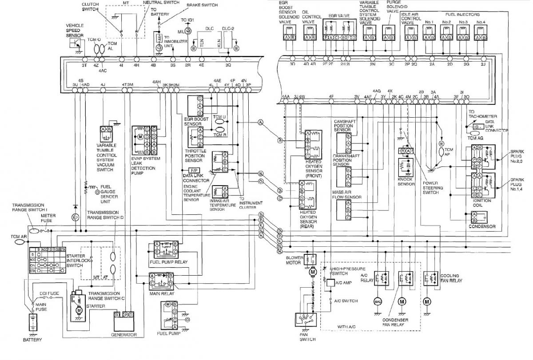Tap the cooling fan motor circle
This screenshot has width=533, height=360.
point(427,302)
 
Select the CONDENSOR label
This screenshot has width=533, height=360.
point(482,226)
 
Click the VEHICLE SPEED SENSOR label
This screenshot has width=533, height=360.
point(75,30)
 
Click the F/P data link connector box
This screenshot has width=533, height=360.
point(194,170)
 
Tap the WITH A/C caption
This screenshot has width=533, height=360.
point(348,327)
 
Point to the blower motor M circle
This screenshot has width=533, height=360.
point(313,272)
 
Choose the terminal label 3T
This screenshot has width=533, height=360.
point(84,65)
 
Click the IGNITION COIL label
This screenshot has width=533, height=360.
point(482,203)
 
